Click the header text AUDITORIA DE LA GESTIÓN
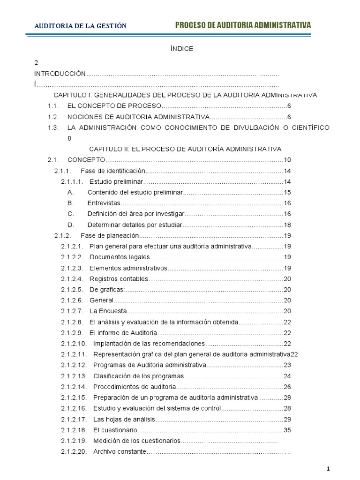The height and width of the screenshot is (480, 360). point(80,26)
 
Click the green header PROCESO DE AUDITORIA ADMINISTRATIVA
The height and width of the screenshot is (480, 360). point(243,25)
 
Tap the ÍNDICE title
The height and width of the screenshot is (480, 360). point(180,49)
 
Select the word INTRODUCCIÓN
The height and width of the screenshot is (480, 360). point(60,74)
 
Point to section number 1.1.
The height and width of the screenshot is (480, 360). point(52,106)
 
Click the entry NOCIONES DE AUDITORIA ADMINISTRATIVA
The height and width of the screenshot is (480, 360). point(138,117)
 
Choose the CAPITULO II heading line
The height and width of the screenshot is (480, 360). point(185,149)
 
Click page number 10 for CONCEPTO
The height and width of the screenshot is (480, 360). point(287,160)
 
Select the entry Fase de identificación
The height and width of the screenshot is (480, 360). point(113,171)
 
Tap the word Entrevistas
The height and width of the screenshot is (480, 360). point(104,203)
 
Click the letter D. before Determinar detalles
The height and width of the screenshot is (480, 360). point(71,225)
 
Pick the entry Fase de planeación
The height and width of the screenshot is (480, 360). point(110,235)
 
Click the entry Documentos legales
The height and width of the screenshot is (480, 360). point(120,257)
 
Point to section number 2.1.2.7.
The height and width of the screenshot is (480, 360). point(72,311)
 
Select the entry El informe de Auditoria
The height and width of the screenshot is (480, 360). point(123,333)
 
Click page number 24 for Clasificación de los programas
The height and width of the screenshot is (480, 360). point(287,376)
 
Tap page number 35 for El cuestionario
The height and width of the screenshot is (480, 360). point(287,430)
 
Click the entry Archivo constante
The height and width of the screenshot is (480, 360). point(120,451)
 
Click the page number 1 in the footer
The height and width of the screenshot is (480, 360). point(329,469)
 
